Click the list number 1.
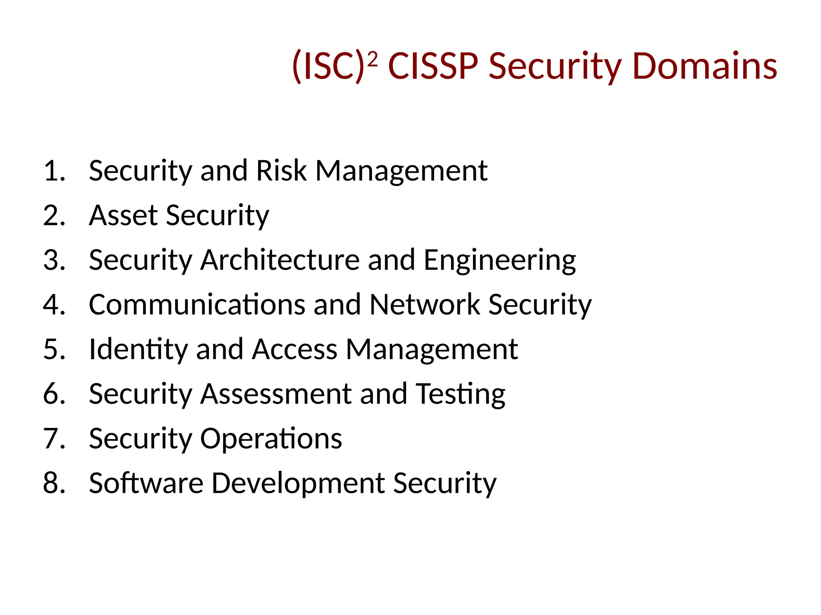pos(54,171)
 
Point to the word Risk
pos(281,171)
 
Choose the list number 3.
pos(54,260)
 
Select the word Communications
pos(197,305)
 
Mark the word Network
pos(425,305)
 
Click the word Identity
pos(138,350)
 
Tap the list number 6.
pos(54,394)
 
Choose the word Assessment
pos(276,394)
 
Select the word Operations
pos(271,439)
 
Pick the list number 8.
pos(54,483)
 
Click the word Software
pos(146,483)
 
